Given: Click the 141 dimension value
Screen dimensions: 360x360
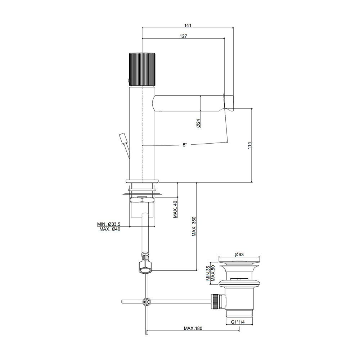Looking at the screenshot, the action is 188,25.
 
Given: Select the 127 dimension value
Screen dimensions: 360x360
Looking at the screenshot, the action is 184,36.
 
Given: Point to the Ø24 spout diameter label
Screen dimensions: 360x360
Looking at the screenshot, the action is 199,123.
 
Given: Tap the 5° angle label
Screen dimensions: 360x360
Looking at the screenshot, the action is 185,145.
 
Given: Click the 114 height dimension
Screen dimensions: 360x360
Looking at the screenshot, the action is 249,145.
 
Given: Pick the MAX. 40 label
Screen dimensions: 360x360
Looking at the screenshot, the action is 175,210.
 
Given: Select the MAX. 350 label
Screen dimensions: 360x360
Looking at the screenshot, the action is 194,226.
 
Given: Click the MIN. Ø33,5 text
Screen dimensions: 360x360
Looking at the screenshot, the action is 109,224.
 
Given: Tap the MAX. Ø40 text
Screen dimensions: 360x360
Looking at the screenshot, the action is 110,229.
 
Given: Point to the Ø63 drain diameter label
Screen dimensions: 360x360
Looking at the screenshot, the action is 239,255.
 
